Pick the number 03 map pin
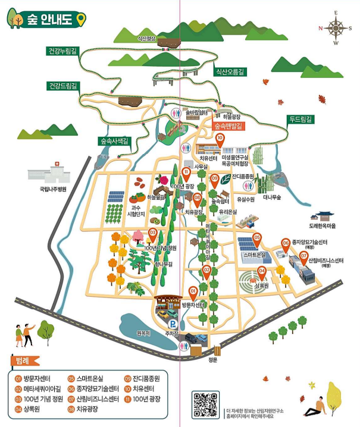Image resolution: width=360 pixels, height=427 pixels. tap(153, 234)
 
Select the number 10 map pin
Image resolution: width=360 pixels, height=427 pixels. tap(220, 139)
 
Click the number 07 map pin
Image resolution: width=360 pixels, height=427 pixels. tap(304, 257)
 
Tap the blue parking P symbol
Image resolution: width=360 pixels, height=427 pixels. tap(173, 324)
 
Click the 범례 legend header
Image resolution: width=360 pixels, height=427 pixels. tap(24, 360)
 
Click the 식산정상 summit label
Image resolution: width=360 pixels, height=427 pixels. tap(146, 38)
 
